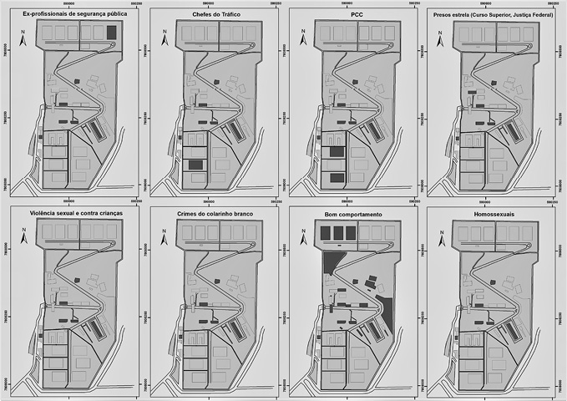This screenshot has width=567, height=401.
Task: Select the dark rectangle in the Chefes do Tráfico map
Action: click(195, 165)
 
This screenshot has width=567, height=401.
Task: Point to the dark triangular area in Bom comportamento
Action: click(329, 263)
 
